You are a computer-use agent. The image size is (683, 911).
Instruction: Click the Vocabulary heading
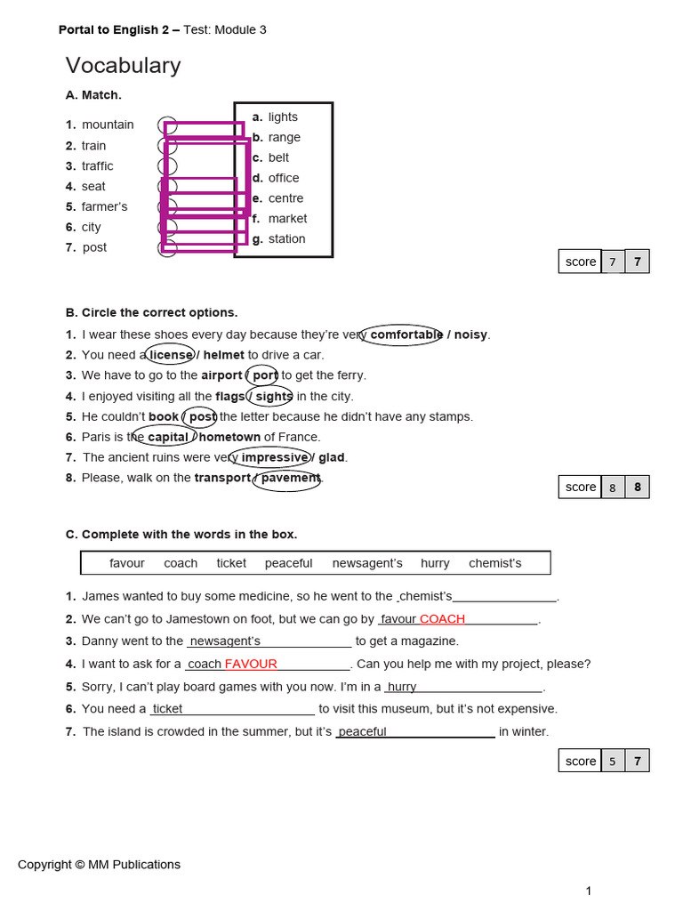(123, 66)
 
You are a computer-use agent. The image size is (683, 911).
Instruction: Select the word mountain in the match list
(108, 125)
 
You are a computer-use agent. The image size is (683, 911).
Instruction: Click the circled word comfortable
(406, 335)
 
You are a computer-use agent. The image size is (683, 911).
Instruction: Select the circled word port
(264, 375)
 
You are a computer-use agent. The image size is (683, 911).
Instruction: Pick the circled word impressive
(275, 457)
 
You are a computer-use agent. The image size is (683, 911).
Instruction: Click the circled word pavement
(290, 478)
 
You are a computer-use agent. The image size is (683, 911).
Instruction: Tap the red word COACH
(442, 619)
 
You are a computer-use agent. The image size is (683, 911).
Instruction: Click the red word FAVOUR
(251, 664)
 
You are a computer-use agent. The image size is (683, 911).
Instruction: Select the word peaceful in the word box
(288, 563)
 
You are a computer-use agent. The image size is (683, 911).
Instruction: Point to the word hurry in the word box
(435, 563)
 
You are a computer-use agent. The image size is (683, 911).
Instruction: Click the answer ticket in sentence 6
(167, 709)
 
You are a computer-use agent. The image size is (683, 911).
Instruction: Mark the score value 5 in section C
(612, 761)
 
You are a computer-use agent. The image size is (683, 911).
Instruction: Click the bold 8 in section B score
(637, 487)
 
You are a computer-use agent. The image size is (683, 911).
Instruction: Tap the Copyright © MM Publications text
(99, 864)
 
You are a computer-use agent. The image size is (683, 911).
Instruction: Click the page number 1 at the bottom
(589, 891)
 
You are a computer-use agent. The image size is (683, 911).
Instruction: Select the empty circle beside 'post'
(167, 248)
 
